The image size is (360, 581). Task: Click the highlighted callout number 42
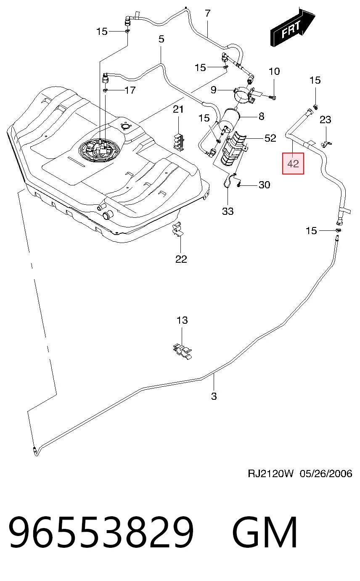[x=293, y=164]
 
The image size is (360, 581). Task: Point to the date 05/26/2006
[x=326, y=473]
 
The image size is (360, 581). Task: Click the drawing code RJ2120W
[x=270, y=473]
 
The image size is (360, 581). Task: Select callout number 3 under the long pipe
[x=214, y=396]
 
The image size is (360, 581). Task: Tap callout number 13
[x=182, y=320]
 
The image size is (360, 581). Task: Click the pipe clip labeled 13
[x=183, y=351]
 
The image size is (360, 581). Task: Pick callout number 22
[x=181, y=259]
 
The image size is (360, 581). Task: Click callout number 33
[x=228, y=211]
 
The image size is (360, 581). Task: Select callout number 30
[x=264, y=185]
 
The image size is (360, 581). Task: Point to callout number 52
[x=270, y=138]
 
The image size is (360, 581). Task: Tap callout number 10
[x=274, y=71]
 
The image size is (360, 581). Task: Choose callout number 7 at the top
[x=207, y=13]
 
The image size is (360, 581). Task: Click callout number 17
[x=130, y=90]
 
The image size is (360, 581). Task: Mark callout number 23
[x=325, y=119]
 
